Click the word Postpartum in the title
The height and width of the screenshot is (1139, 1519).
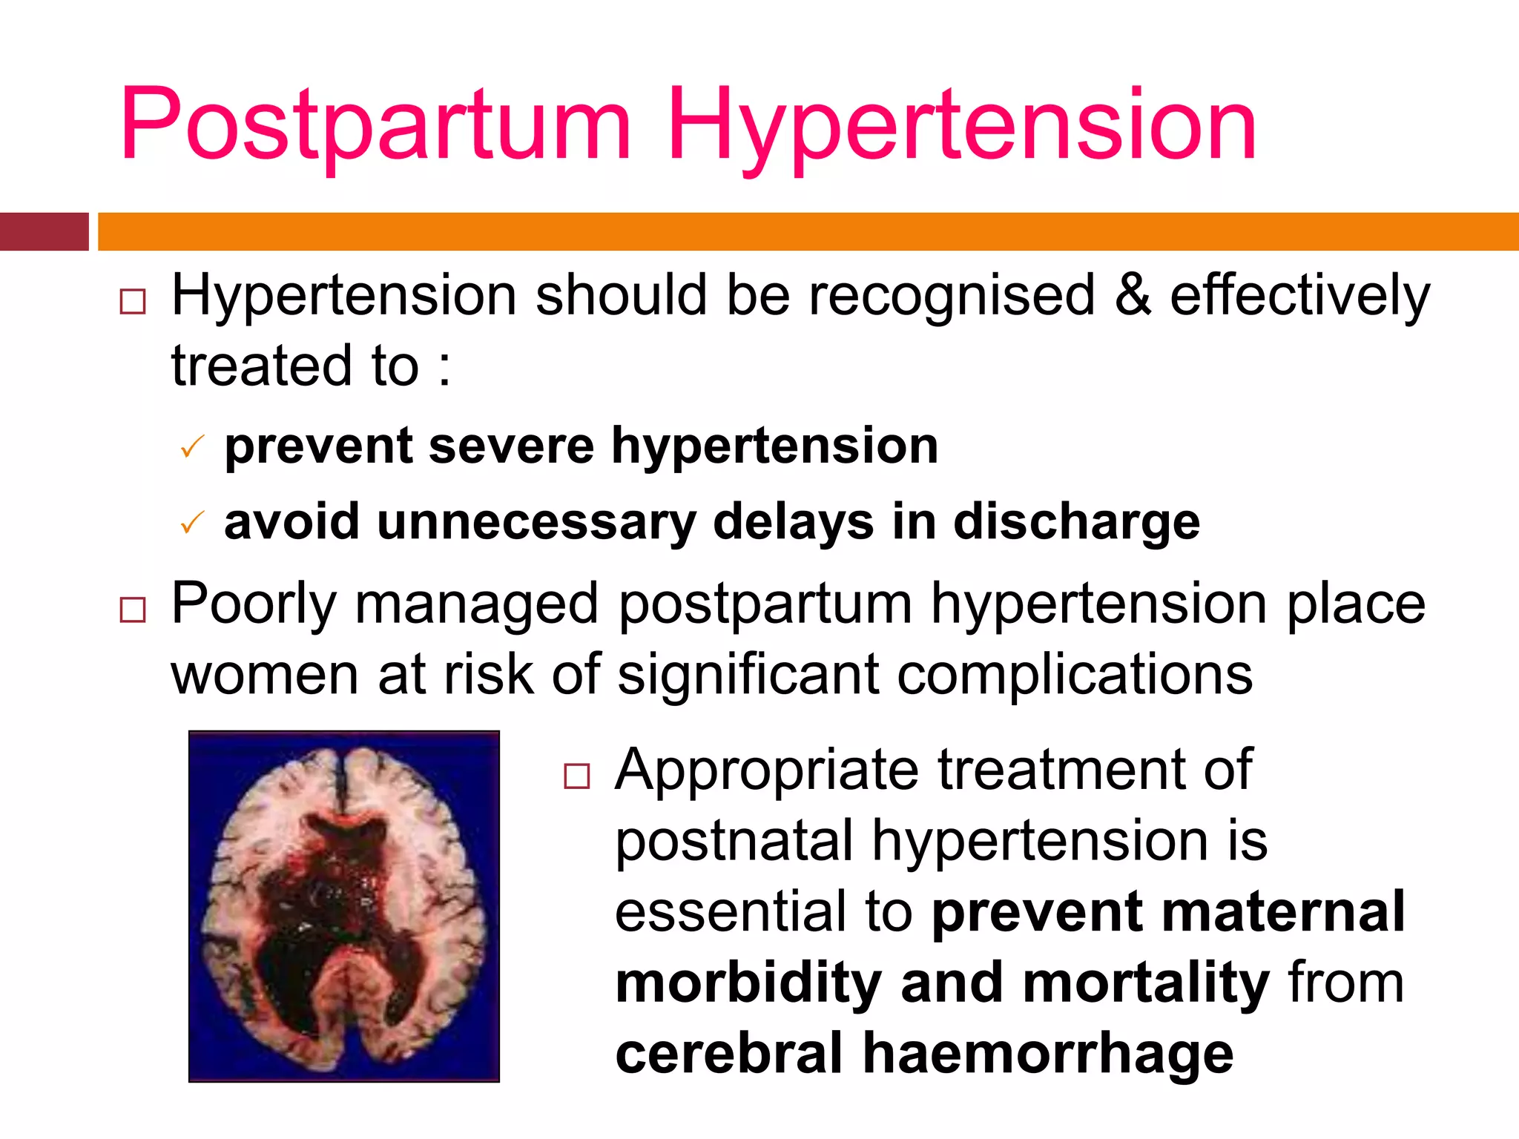(x=375, y=125)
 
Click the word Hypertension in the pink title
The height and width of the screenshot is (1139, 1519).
(x=961, y=125)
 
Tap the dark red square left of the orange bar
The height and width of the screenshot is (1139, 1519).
(x=44, y=231)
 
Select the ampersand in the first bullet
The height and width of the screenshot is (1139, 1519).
(x=1133, y=295)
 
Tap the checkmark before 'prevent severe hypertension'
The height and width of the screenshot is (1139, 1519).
(x=192, y=447)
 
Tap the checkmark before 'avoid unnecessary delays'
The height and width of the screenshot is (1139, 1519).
(x=192, y=524)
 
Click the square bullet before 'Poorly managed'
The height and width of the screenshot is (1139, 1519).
(x=133, y=610)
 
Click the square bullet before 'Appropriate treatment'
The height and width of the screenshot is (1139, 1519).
(x=576, y=776)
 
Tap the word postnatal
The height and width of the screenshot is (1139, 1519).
(x=734, y=842)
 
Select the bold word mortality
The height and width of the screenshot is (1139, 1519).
(x=1146, y=983)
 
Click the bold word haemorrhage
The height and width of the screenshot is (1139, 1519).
(x=1047, y=1054)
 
